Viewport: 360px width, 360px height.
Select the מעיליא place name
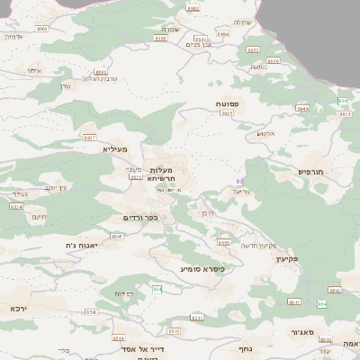(x=115, y=148)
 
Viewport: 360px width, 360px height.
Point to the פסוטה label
(x=227, y=104)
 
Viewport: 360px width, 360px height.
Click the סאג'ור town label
(x=303, y=331)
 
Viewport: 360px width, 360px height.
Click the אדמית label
(x=13, y=37)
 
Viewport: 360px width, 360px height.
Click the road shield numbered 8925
(x=228, y=114)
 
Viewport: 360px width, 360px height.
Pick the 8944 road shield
(x=302, y=108)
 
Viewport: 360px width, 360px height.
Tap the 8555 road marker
(x=223, y=242)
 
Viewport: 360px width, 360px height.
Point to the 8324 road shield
(x=15, y=206)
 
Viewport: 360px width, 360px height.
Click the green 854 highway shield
(x=157, y=289)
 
